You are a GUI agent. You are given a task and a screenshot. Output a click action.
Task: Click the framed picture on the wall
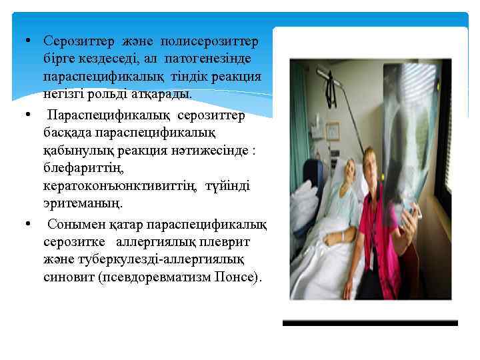coord(332,130)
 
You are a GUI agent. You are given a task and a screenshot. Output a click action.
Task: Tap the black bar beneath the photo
coord(370,323)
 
